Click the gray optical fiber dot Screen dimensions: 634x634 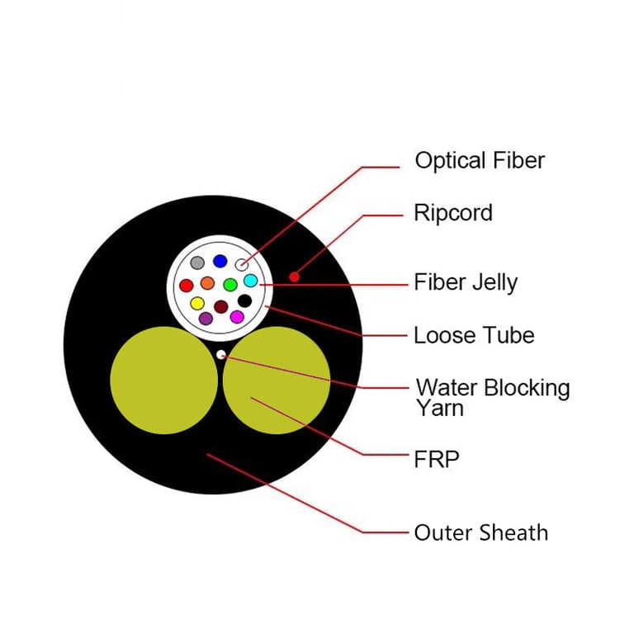tap(197, 263)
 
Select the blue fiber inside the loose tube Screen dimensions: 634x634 tap(220, 261)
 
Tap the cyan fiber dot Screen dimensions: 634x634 tap(251, 281)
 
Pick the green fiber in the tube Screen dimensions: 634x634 tap(230, 285)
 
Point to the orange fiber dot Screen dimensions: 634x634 tap(207, 283)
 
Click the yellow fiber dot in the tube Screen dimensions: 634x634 tap(197, 303)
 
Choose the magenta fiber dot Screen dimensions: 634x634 tap(237, 317)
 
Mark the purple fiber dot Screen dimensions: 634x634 tap(206, 318)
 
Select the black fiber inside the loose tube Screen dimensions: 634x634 tap(244, 300)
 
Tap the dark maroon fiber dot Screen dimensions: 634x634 tap(220, 306)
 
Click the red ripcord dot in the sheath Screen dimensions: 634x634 tap(295, 277)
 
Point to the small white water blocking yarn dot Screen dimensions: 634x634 tap(220, 355)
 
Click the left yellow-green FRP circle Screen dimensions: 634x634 tap(163, 380)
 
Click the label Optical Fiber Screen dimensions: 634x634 tap(480, 160)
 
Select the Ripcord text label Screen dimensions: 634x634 tap(453, 213)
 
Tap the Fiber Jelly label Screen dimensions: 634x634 tap(466, 282)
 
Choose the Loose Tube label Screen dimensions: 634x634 tap(475, 335)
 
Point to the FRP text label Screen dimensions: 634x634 tap(437, 459)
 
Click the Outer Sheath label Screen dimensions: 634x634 tap(481, 532)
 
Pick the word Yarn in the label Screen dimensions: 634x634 tap(440, 408)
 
